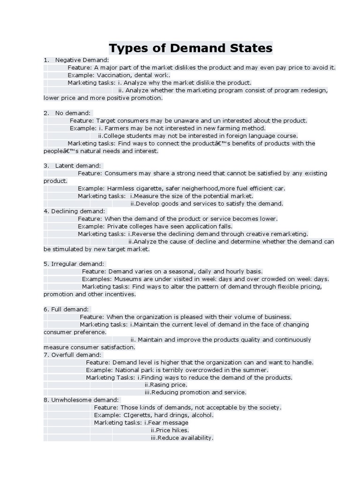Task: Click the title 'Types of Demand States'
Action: tap(190, 48)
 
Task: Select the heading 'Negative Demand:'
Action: tap(82, 60)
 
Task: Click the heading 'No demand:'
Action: tap(73, 113)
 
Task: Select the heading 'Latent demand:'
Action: tap(78, 165)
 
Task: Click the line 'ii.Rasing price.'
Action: tap(166, 385)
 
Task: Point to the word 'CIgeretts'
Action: tap(138, 415)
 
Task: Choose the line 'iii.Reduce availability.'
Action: tap(179, 438)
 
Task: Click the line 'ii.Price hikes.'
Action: tap(170, 430)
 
